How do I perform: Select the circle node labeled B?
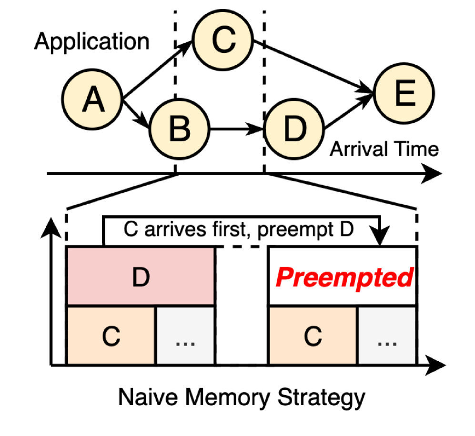(180, 129)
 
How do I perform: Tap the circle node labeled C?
(222, 41)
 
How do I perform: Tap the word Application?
(92, 42)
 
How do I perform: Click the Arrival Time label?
(384, 149)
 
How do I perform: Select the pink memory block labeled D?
(141, 277)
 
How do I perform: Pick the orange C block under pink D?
(111, 336)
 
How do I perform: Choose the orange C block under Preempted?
(313, 336)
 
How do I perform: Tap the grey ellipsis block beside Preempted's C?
(387, 336)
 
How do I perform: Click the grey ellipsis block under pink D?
(185, 336)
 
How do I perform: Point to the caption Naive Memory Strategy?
(242, 396)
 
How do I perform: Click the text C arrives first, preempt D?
(238, 230)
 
